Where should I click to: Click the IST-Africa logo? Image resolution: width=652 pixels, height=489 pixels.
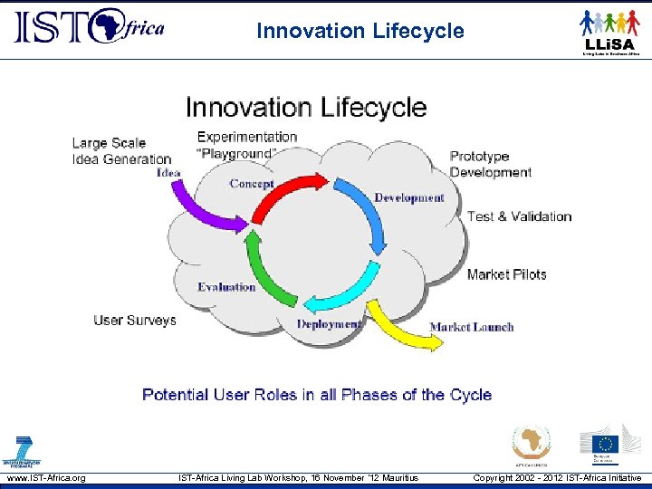click(x=89, y=28)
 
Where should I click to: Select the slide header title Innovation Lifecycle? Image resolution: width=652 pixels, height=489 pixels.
click(x=360, y=31)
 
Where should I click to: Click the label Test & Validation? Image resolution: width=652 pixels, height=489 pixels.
click(x=519, y=216)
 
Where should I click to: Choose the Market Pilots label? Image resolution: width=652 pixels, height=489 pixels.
click(x=506, y=274)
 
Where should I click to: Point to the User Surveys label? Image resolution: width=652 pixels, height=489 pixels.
click(x=135, y=321)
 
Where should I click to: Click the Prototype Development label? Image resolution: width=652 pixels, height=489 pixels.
click(x=490, y=164)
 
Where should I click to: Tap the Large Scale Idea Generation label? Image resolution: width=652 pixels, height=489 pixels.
click(x=120, y=150)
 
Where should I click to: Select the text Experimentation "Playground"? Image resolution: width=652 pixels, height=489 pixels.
click(x=246, y=145)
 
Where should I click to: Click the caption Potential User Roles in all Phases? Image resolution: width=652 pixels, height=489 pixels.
click(x=317, y=395)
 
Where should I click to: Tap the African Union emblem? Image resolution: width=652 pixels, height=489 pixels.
click(x=532, y=444)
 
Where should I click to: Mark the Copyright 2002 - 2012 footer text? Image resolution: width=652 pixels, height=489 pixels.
click(x=557, y=478)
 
